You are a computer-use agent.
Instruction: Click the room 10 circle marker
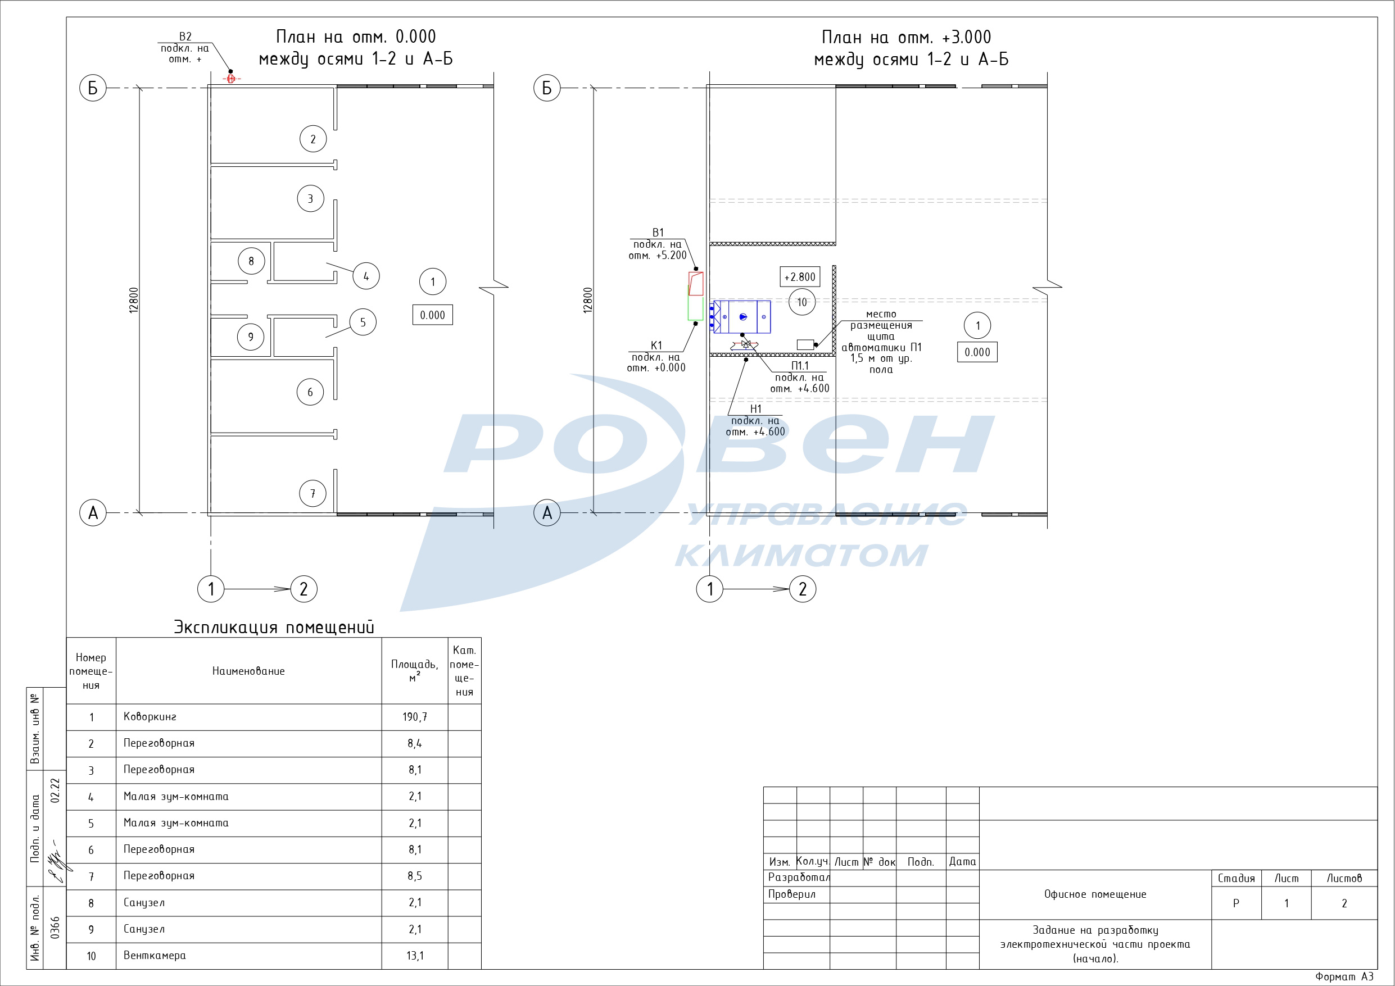tap(801, 303)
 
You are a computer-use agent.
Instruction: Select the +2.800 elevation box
tap(800, 277)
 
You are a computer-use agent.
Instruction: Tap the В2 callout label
tap(185, 37)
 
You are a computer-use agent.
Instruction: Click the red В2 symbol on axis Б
tap(231, 79)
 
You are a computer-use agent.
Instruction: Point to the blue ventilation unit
tap(742, 316)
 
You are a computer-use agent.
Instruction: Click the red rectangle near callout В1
tap(696, 284)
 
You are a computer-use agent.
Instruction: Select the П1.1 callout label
tap(800, 366)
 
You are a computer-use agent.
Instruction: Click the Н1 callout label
tap(755, 409)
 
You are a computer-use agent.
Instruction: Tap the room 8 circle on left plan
tap(251, 261)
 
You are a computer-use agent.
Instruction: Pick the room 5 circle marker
tap(363, 322)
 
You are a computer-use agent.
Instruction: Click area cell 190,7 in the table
tap(414, 717)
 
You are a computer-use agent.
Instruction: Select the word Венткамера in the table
tap(155, 956)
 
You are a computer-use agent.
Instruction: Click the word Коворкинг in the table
tap(150, 717)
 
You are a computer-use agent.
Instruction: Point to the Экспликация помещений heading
tap(274, 627)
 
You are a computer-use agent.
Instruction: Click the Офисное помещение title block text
tap(1095, 894)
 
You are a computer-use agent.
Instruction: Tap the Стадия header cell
tap(1236, 879)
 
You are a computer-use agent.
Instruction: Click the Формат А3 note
tap(1344, 977)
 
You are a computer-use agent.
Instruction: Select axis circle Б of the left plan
tap(93, 88)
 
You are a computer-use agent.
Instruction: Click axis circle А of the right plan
tap(547, 513)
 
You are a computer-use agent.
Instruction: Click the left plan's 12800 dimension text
tap(134, 300)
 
